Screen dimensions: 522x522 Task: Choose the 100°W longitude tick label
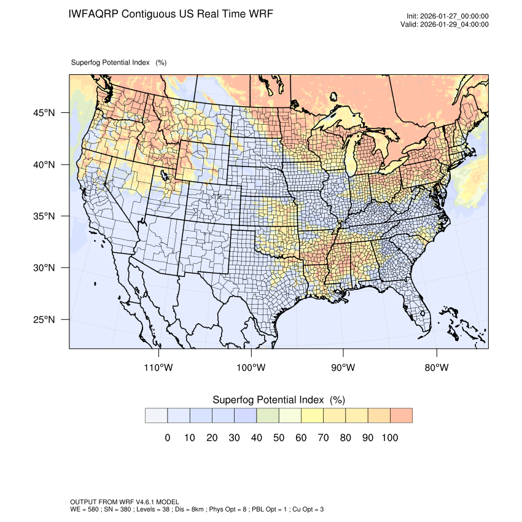[251, 368]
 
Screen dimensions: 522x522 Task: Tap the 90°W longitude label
[343, 368]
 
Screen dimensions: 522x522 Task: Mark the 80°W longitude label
[436, 368]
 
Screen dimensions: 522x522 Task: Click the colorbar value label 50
[279, 438]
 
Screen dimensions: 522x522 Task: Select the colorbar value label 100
[390, 438]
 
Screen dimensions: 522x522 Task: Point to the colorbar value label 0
[167, 438]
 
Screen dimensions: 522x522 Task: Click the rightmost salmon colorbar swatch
[401, 416]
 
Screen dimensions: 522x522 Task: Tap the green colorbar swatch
[268, 416]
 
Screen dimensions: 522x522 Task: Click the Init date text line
[448, 17]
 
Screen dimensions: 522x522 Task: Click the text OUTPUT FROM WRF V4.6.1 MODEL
[125, 502]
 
